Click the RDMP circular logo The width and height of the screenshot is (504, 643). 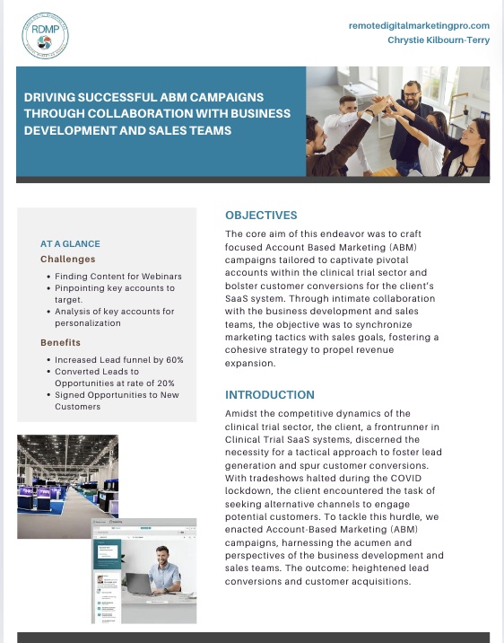(x=45, y=36)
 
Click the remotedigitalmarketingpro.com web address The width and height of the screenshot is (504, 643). (x=419, y=26)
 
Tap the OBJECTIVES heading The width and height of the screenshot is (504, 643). (x=261, y=216)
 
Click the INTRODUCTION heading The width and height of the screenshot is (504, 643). (x=270, y=394)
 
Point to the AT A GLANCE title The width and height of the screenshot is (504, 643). (x=70, y=243)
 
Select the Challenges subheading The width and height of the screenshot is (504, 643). (x=67, y=259)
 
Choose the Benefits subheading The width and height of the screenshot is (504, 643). (x=59, y=342)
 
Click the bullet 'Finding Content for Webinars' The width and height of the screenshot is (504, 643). (x=118, y=276)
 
